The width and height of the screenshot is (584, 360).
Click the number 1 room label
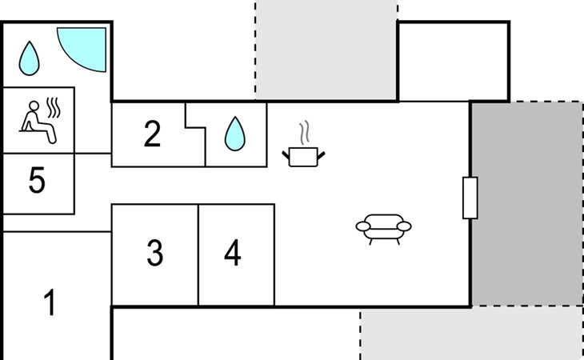tap(50, 304)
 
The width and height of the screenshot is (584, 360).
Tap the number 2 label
tap(152, 134)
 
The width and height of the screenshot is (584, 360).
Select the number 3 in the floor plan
tap(155, 254)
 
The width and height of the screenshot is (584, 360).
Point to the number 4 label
tap(232, 254)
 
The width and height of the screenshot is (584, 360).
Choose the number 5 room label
tap(37, 182)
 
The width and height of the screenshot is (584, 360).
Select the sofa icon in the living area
tap(383, 226)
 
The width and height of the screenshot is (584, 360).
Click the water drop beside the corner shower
tap(30, 56)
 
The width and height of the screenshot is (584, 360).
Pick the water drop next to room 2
tap(234, 134)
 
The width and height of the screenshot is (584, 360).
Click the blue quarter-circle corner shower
tap(84, 48)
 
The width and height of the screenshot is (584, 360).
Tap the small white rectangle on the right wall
tap(470, 198)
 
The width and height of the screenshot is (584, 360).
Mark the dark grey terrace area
tap(526, 203)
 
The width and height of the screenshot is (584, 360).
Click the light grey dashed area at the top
tap(326, 48)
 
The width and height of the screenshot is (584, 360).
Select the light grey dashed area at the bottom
tap(470, 334)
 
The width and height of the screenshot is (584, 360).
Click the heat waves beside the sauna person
tap(54, 106)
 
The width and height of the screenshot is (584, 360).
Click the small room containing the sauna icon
tap(39, 119)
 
